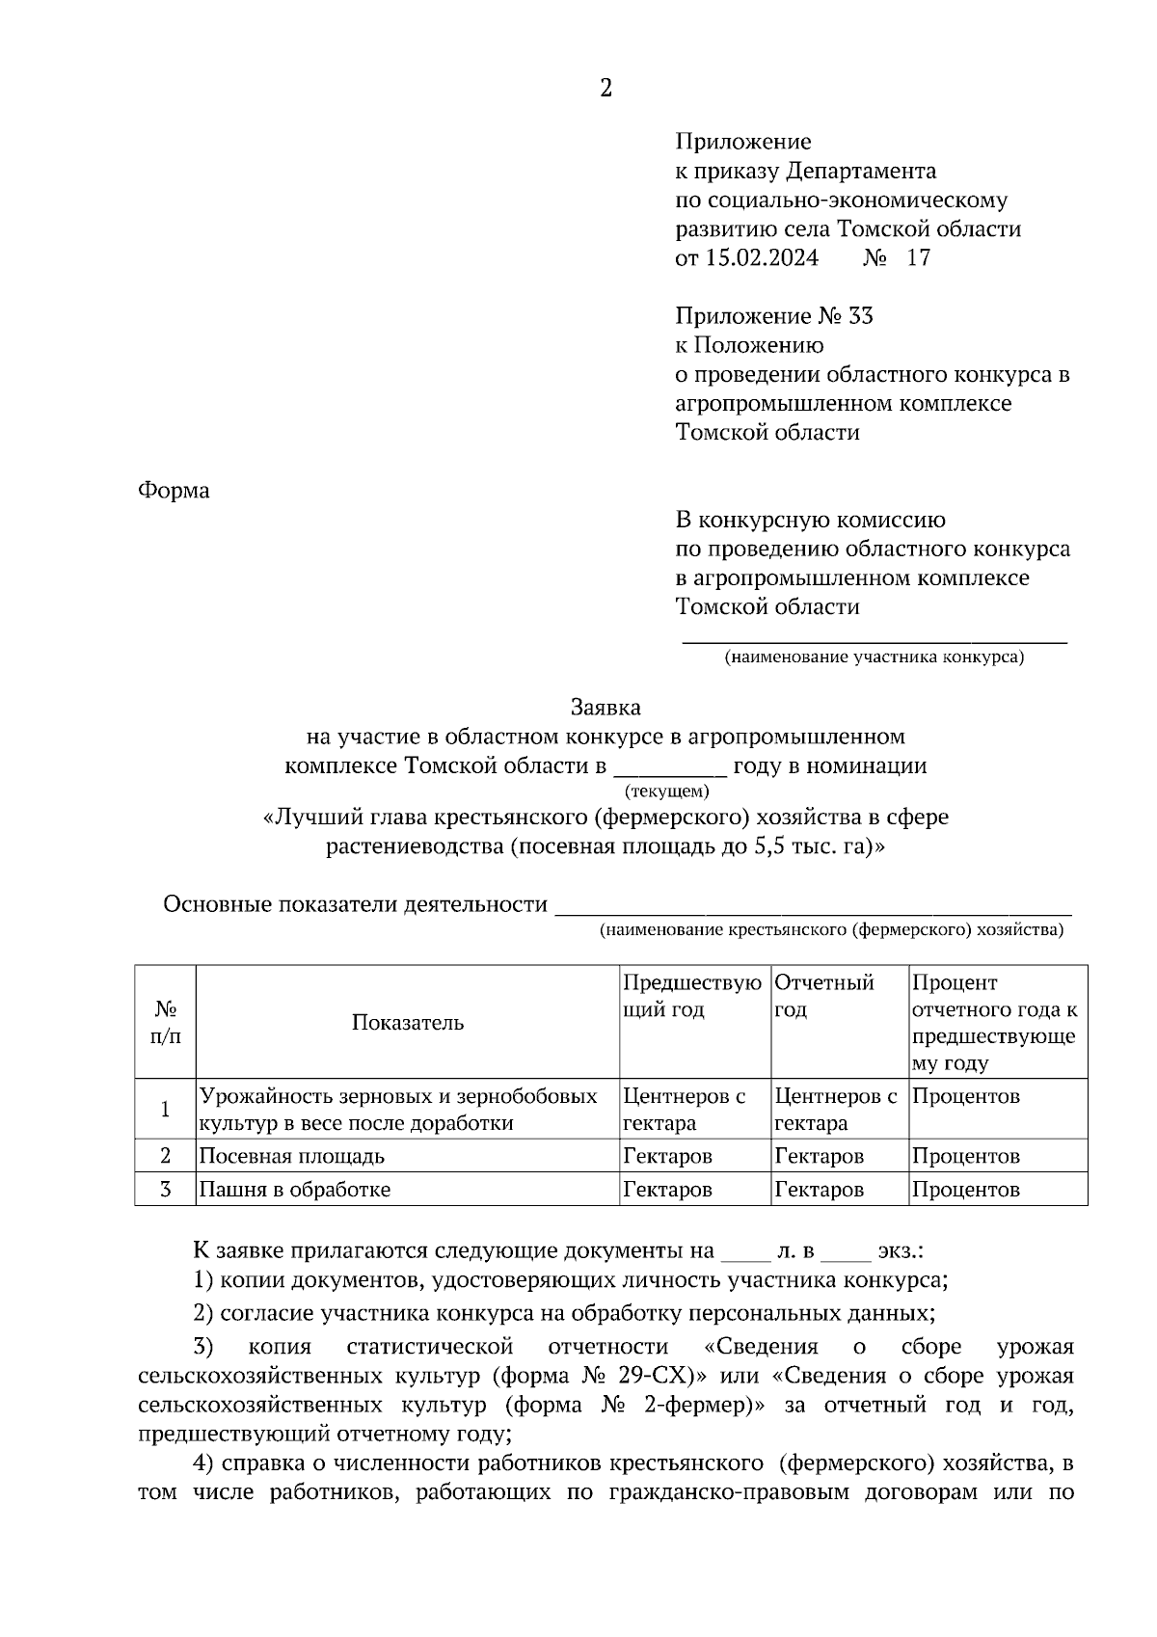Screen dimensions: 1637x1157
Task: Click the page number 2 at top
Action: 605,89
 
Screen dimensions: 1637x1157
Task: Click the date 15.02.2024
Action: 762,258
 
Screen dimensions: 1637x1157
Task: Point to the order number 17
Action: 919,258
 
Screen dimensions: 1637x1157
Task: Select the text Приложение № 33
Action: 774,316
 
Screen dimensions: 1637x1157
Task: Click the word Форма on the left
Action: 174,491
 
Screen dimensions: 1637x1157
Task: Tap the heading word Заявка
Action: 605,708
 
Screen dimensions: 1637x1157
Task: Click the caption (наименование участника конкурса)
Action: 874,657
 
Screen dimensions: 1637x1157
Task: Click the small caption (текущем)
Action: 667,792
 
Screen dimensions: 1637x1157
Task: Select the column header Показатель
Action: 407,1023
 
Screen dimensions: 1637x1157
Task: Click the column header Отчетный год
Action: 824,996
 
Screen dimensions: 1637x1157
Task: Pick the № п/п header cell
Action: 165,1023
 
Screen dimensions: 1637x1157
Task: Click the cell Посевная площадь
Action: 291,1156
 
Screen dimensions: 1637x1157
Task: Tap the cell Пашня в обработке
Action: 294,1190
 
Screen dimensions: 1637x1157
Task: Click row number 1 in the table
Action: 165,1110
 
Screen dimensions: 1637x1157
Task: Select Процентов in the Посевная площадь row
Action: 965,1156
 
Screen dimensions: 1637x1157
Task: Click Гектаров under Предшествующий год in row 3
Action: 667,1190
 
